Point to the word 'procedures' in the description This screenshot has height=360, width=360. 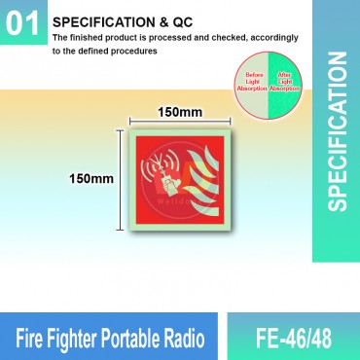(131, 52)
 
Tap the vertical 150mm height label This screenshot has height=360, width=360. (90, 179)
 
